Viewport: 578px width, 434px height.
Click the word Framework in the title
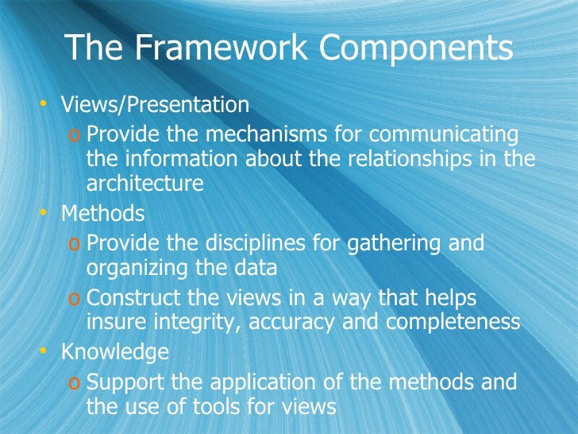tap(206, 48)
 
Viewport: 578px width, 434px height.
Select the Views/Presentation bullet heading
tap(156, 104)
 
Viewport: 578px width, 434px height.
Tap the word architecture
tap(144, 183)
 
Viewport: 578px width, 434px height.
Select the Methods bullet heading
tap(103, 213)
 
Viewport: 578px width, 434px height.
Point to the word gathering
tap(402, 242)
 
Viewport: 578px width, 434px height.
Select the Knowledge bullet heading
tap(115, 351)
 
